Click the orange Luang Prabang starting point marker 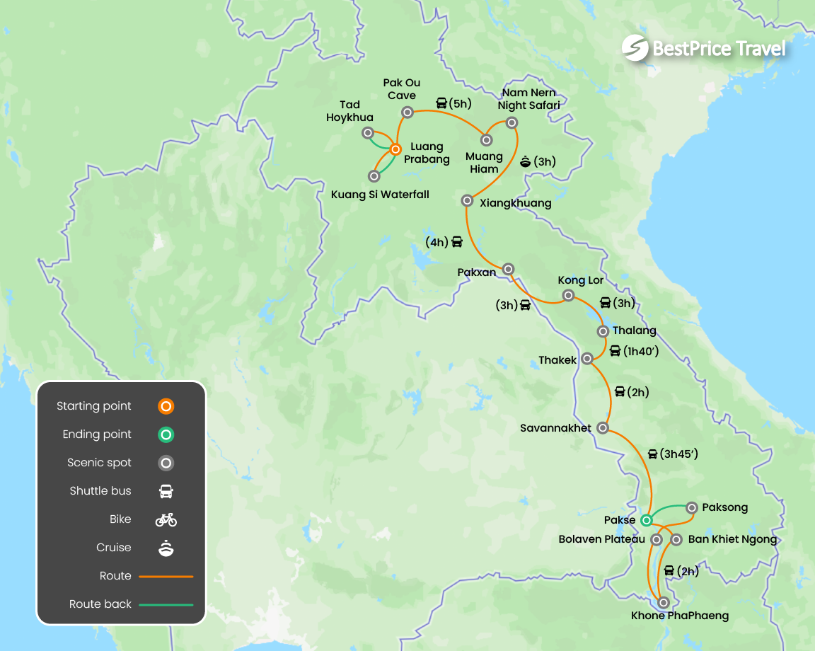pyautogui.click(x=396, y=149)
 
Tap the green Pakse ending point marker pyautogui.click(x=646, y=520)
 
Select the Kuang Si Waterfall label pyautogui.click(x=381, y=195)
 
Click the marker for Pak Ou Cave pyautogui.click(x=407, y=112)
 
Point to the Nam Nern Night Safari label pyautogui.click(x=528, y=99)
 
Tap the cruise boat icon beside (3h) pyautogui.click(x=525, y=161)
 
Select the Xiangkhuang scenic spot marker pyautogui.click(x=467, y=200)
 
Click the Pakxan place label pyautogui.click(x=477, y=272)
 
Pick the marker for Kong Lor pyautogui.click(x=567, y=295)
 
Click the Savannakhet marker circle pyautogui.click(x=603, y=427)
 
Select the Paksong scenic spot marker pyautogui.click(x=691, y=507)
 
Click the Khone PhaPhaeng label pyautogui.click(x=679, y=616)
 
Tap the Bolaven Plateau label pyautogui.click(x=601, y=539)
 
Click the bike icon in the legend pyautogui.click(x=166, y=520)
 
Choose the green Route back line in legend pyautogui.click(x=166, y=605)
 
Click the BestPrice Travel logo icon pyautogui.click(x=635, y=48)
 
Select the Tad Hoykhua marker pyautogui.click(x=368, y=133)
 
